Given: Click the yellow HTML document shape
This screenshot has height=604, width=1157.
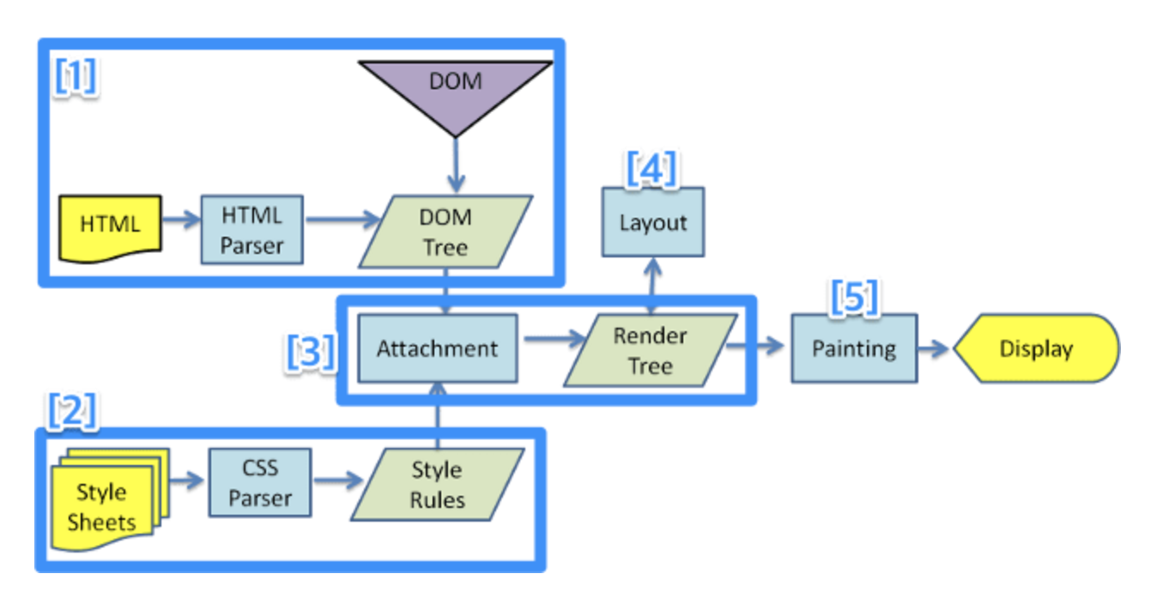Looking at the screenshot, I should [x=109, y=226].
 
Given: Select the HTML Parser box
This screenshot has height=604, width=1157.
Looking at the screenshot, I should [x=251, y=229].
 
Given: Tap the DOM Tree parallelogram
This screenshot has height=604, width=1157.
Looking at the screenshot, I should [x=444, y=232].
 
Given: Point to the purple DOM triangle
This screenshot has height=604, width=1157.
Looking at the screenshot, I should [x=455, y=90].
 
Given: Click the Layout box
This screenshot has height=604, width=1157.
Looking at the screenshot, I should [x=652, y=222].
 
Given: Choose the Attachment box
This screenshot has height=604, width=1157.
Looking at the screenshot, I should [x=437, y=348].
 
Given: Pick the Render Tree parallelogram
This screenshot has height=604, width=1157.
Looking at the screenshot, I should [x=650, y=350].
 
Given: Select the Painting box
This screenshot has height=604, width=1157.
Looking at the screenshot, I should [x=853, y=348].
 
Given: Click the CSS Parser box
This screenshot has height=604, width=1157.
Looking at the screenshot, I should [x=259, y=483].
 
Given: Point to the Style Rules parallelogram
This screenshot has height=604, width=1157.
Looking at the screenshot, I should [x=437, y=484].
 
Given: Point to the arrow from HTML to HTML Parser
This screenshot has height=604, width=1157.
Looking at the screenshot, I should [x=181, y=221].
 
